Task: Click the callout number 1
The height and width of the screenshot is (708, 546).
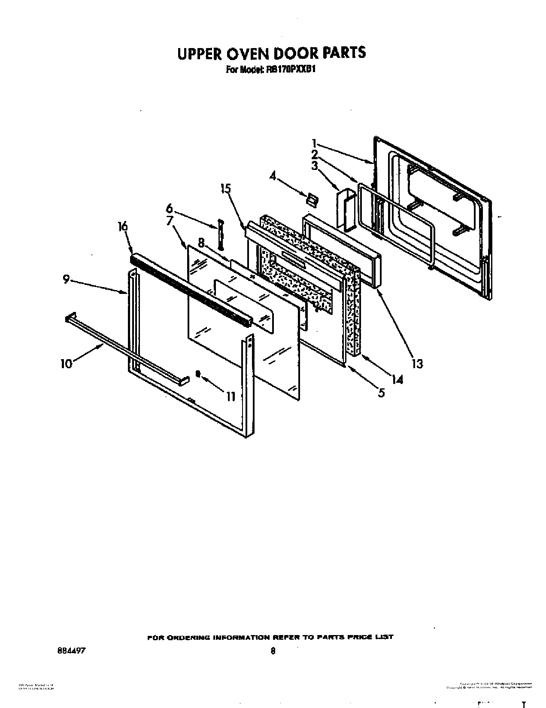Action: coord(315,143)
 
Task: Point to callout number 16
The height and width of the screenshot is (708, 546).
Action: coord(123,226)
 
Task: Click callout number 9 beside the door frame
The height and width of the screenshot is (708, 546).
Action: coord(66,279)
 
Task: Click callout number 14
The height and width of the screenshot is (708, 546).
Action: coord(397,379)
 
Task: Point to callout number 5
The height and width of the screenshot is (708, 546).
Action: coord(381,392)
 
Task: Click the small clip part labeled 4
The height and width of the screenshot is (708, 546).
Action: coord(311,199)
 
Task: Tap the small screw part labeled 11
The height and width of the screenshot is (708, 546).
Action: coord(198,374)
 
